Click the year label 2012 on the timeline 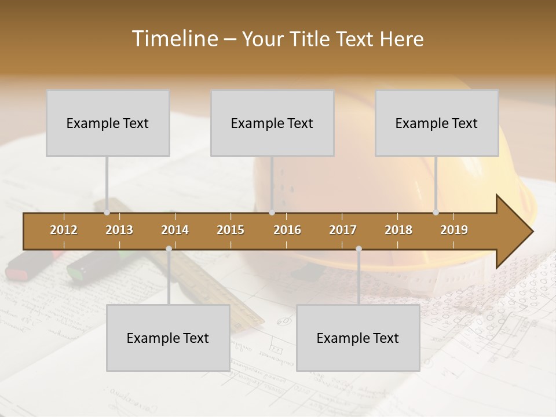click(64, 230)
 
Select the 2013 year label click(119, 230)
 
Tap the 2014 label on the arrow click(175, 230)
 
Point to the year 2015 click(231, 230)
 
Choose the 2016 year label click(287, 230)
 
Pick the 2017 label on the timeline click(343, 230)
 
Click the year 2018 click(398, 230)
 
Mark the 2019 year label click(454, 230)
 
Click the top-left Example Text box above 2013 click(108, 123)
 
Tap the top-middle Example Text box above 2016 click(272, 123)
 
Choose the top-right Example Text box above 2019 click(437, 123)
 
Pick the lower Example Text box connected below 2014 click(168, 338)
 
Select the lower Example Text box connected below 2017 click(358, 338)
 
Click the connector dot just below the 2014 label click(169, 249)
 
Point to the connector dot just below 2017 click(359, 249)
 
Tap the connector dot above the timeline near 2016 click(272, 213)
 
